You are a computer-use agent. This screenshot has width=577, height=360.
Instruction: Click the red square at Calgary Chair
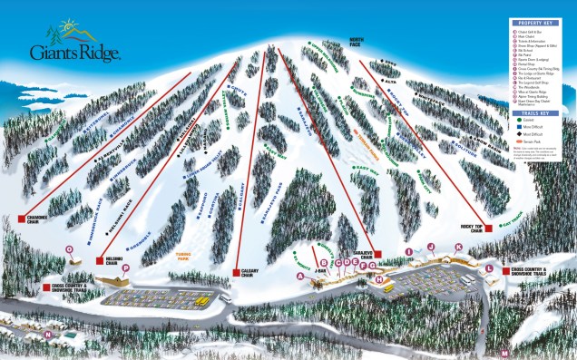pyautogui.click(x=236, y=272)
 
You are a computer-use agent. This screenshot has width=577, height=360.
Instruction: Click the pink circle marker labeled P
pyautogui.click(x=125, y=268)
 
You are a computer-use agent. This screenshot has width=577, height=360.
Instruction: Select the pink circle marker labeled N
pyautogui.click(x=46, y=335)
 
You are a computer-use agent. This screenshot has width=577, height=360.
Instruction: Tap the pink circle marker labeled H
pyautogui.click(x=379, y=278)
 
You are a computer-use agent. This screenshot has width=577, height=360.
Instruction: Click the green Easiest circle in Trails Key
pyautogui.click(x=517, y=123)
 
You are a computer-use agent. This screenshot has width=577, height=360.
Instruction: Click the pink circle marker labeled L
pyautogui.click(x=488, y=269)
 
